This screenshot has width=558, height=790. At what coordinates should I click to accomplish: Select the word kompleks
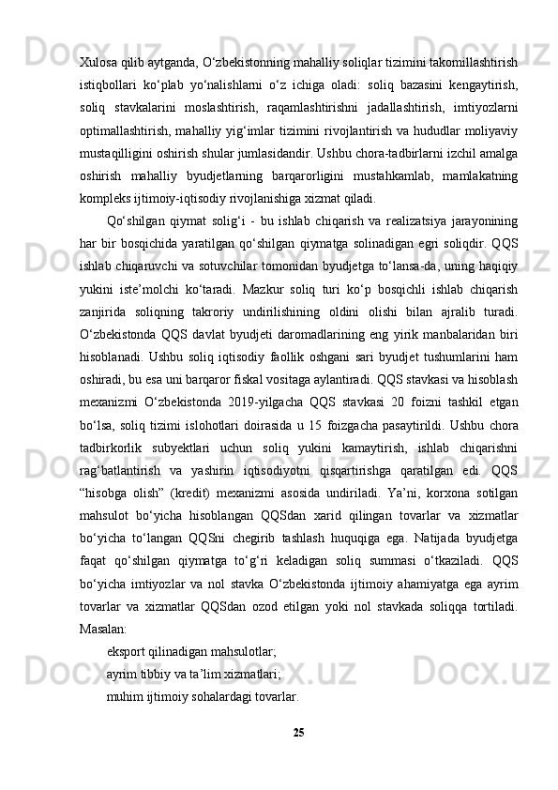(x=106, y=197)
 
